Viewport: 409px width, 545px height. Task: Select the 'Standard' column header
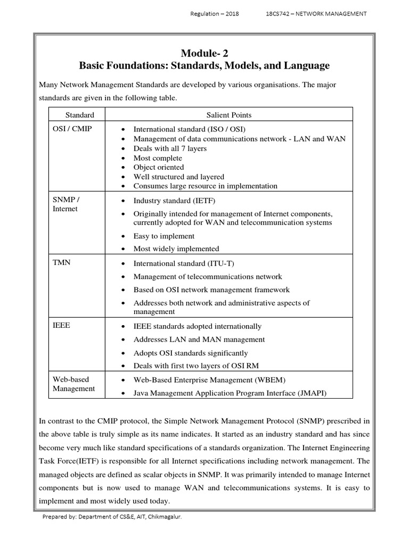[79, 115]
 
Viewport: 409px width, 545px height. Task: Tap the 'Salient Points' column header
[229, 115]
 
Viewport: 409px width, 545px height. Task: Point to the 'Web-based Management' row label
[73, 384]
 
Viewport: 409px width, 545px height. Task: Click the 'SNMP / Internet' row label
[66, 204]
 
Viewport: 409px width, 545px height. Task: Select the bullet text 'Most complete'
[158, 158]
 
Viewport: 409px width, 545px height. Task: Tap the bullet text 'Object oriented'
[159, 167]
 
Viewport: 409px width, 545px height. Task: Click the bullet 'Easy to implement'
[164, 236]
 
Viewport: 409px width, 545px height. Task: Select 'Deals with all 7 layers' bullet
[170, 148]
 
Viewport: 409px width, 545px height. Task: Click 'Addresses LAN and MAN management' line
[199, 340]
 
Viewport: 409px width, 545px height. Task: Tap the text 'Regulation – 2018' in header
[215, 14]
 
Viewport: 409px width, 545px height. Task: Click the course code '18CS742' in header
[279, 14]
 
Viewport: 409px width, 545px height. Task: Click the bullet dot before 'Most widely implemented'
[124, 249]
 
